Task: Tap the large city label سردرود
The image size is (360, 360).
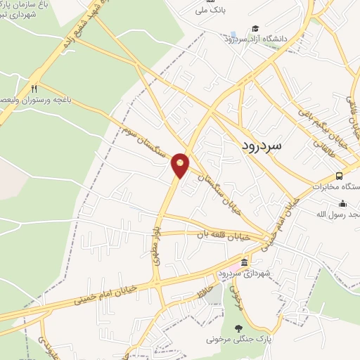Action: click(x=261, y=145)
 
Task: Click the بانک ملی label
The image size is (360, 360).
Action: click(x=212, y=10)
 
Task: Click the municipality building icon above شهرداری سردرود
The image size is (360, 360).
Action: click(x=244, y=263)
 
